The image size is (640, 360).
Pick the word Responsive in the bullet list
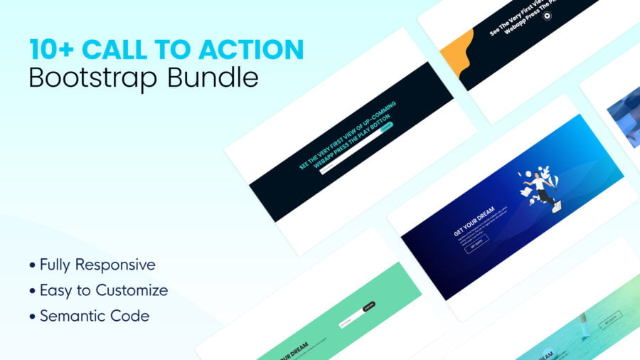[x=117, y=265]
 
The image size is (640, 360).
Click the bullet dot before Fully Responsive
[x=32, y=266]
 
